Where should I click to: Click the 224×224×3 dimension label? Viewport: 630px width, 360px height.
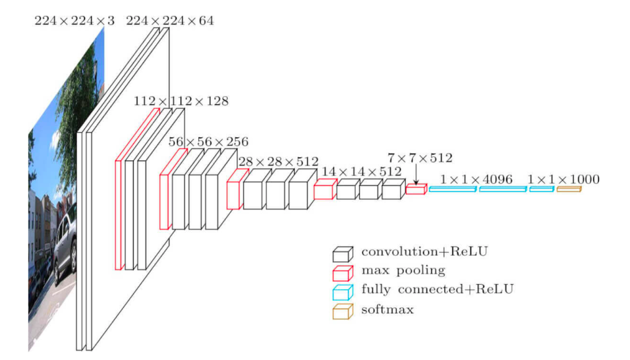[74, 21]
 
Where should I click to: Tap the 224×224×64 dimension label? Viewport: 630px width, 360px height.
[169, 21]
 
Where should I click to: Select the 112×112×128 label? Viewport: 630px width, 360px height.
[181, 102]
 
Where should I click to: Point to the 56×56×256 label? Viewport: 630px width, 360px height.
[208, 141]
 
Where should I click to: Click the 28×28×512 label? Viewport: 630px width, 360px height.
[277, 162]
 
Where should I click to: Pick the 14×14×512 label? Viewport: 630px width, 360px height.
[362, 171]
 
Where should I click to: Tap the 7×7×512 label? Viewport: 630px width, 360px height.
[420, 159]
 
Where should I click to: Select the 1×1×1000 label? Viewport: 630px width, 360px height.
[563, 179]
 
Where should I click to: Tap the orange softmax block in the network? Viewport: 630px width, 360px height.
[568, 189]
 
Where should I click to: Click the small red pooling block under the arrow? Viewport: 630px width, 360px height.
[416, 189]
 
